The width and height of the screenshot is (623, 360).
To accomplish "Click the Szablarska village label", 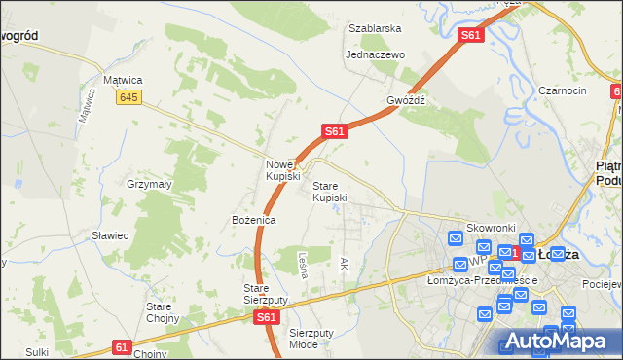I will point(375,28).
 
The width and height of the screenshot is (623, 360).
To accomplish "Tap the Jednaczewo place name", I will point(375,54).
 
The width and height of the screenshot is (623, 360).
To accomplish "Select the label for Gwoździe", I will point(406,100).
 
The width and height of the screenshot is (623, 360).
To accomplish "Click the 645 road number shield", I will point(127,97).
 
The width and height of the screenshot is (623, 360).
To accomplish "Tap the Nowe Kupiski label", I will point(282,170).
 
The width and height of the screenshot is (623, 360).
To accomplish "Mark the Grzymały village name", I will point(149,183).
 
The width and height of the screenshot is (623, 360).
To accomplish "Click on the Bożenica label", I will point(253,221).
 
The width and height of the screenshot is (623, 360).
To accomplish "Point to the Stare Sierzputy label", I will point(266,294).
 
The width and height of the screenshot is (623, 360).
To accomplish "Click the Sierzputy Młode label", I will point(311,339).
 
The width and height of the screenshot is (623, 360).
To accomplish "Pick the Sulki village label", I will point(38,350).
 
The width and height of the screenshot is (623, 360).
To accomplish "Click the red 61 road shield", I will point(121,346).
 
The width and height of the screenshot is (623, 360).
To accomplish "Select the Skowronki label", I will point(490,227).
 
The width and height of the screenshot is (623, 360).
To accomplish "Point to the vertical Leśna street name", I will point(303,266).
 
